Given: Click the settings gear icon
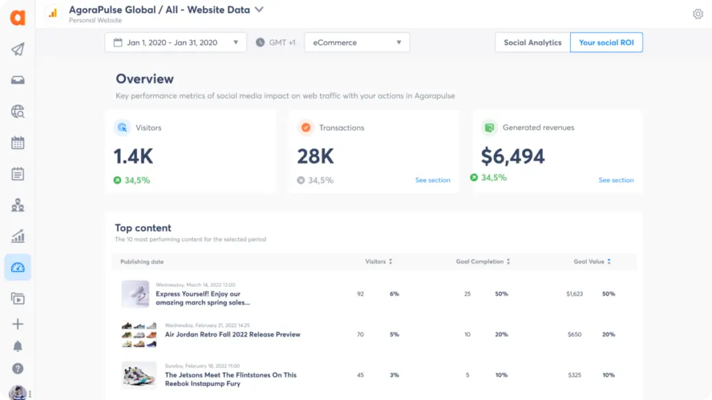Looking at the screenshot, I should pyautogui.click(x=697, y=14).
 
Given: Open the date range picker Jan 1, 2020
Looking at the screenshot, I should pyautogui.click(x=175, y=42).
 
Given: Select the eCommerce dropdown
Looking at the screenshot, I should pyautogui.click(x=357, y=42).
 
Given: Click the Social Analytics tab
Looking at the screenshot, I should pyautogui.click(x=532, y=42).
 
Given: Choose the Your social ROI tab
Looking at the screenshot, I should pyautogui.click(x=606, y=42).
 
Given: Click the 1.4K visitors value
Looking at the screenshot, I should pyautogui.click(x=133, y=157).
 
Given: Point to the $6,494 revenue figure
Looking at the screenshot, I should pyautogui.click(x=512, y=157).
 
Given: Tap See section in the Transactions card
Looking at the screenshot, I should pyautogui.click(x=432, y=180).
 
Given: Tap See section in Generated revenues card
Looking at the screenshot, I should pyautogui.click(x=616, y=180).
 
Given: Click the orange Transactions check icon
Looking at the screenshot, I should pyautogui.click(x=305, y=128).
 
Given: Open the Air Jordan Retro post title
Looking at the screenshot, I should pyautogui.click(x=232, y=335).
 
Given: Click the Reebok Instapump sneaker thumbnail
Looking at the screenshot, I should pyautogui.click(x=138, y=374).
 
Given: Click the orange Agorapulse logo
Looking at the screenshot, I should pyautogui.click(x=17, y=17).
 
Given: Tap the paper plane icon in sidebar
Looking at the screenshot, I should pyautogui.click(x=18, y=49).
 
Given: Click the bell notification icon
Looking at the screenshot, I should pyautogui.click(x=18, y=346).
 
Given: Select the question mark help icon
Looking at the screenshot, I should pyautogui.click(x=18, y=369).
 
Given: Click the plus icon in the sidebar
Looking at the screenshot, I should pyautogui.click(x=18, y=324).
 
